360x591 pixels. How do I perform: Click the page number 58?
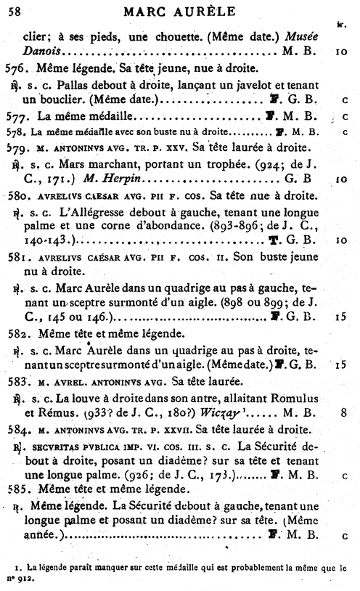click(15, 9)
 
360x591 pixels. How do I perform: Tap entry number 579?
click(15, 147)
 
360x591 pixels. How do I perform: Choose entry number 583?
click(15, 380)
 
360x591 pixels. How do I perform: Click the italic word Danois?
click(40, 52)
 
